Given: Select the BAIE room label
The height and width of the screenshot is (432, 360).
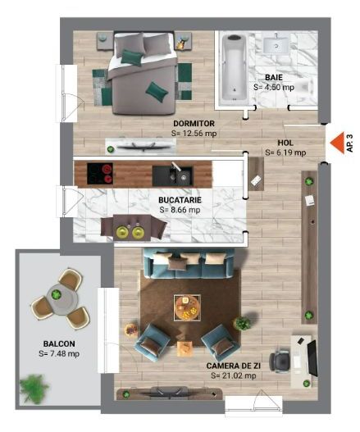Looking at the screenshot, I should [274, 77].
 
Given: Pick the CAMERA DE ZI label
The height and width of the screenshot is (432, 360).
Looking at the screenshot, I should [237, 365].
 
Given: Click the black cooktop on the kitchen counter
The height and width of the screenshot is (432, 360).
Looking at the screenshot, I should [103, 174].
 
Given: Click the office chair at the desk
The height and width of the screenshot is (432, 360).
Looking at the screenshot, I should [279, 359].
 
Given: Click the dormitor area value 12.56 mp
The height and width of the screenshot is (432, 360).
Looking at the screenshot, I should [194, 133].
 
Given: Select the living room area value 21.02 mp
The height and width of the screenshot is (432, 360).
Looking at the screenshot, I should [235, 375].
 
